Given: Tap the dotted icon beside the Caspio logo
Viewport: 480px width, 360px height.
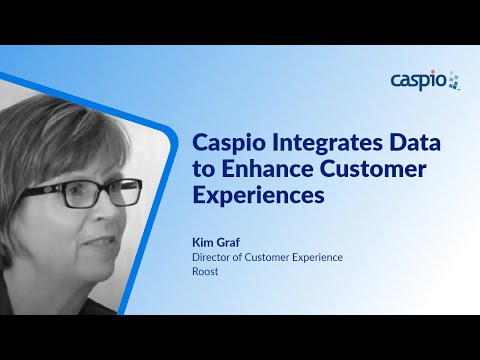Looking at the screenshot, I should click(453, 80).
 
